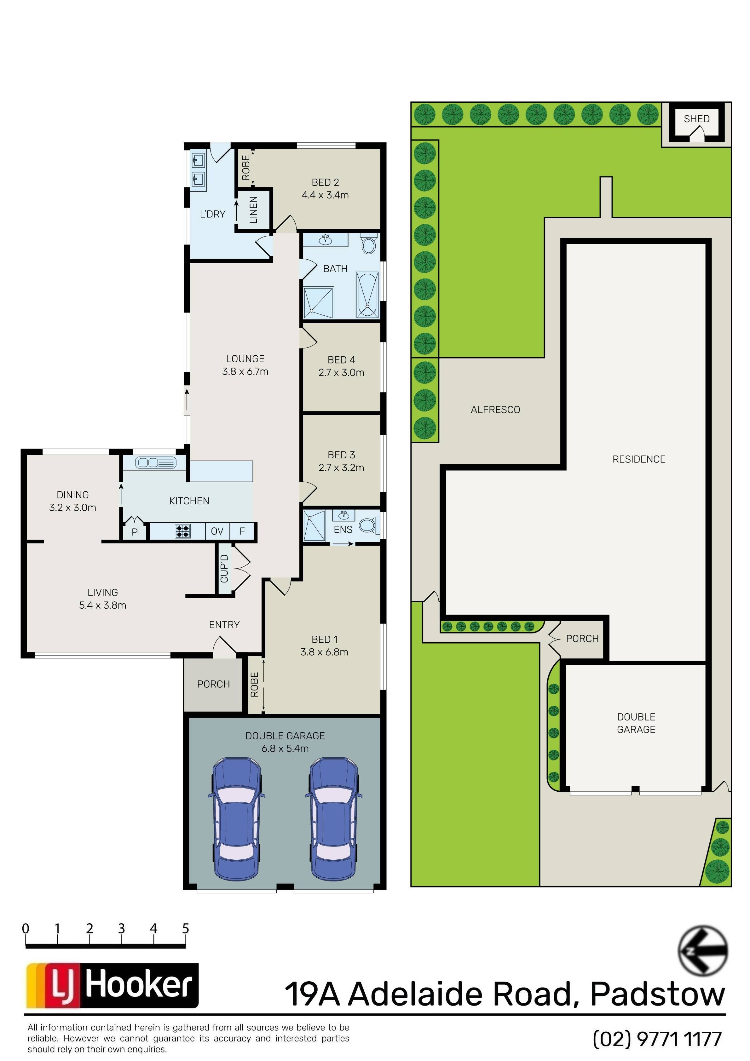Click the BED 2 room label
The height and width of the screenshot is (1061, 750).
pyautogui.click(x=325, y=182)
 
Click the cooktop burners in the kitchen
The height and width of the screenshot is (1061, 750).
pyautogui.click(x=183, y=531)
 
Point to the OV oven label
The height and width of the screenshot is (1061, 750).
pyautogui.click(x=217, y=531)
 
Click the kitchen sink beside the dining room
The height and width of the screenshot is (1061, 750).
pyautogui.click(x=156, y=462)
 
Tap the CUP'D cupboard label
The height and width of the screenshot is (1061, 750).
pyautogui.click(x=224, y=569)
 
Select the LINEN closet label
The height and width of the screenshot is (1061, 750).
pyautogui.click(x=253, y=210)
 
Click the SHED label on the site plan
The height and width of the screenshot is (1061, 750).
pyautogui.click(x=696, y=119)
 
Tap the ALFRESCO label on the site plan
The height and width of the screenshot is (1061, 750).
pyautogui.click(x=495, y=410)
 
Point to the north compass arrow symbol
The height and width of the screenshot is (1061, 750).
pyautogui.click(x=703, y=950)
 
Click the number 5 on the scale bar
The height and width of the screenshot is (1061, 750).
pyautogui.click(x=185, y=928)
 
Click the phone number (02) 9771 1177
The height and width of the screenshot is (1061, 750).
pyautogui.click(x=657, y=1039)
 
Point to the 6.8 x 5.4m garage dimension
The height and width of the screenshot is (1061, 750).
pyautogui.click(x=285, y=748)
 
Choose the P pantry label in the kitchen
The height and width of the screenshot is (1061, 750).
pyautogui.click(x=135, y=532)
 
